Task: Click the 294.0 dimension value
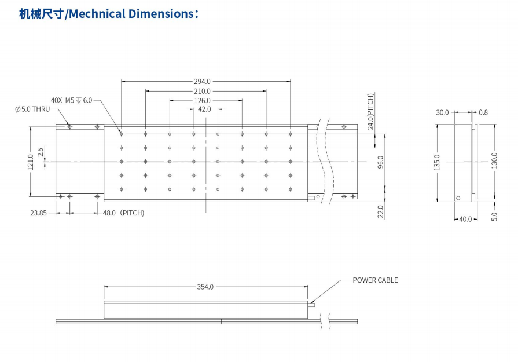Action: click(202, 82)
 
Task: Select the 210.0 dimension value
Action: click(202, 91)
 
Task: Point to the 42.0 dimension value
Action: click(204, 109)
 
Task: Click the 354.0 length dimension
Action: click(205, 287)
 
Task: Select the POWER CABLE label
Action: click(375, 280)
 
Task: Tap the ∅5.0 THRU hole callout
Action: click(32, 109)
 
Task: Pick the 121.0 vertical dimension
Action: click(31, 162)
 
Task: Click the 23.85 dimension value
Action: click(39, 213)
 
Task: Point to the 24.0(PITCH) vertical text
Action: click(370, 111)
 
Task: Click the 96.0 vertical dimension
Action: click(380, 162)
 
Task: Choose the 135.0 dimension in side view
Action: click(438, 162)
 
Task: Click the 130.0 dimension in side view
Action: click(494, 159)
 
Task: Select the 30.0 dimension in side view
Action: click(442, 112)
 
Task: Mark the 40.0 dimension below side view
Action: click(465, 219)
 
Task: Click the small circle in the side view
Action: click(458, 198)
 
